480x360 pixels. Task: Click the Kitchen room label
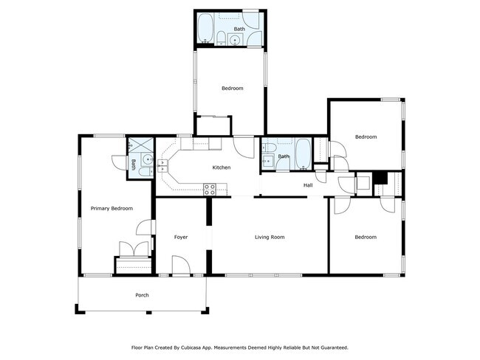click(x=222, y=167)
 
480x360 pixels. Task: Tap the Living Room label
click(x=270, y=237)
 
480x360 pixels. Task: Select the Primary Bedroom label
click(x=112, y=209)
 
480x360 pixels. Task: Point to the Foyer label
click(x=181, y=237)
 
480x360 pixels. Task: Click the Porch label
click(x=142, y=295)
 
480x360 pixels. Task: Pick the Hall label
click(x=308, y=185)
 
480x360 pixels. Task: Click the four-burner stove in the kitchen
click(x=210, y=190)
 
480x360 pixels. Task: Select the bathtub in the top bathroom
click(x=205, y=28)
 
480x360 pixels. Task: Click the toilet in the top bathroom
click(x=221, y=38)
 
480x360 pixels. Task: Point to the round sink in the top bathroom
click(x=235, y=40)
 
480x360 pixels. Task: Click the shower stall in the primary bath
click(x=140, y=145)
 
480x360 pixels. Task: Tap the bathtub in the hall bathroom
click(x=304, y=154)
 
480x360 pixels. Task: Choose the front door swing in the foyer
click(x=181, y=265)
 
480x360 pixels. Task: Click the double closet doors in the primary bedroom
click(x=134, y=249)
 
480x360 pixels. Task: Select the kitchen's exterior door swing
click(x=244, y=148)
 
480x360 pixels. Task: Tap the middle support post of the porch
click(x=148, y=312)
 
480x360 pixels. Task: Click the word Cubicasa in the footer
click(x=191, y=347)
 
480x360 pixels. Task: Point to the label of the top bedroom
click(x=233, y=89)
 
